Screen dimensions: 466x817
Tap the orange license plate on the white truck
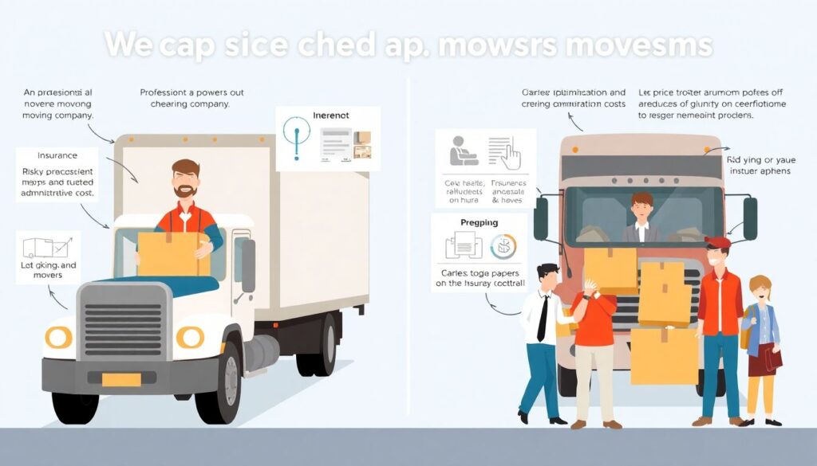121,380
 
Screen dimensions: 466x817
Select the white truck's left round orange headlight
58,338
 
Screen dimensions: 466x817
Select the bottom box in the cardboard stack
664,355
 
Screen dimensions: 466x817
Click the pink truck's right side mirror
750,218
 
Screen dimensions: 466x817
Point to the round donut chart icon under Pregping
503,247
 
